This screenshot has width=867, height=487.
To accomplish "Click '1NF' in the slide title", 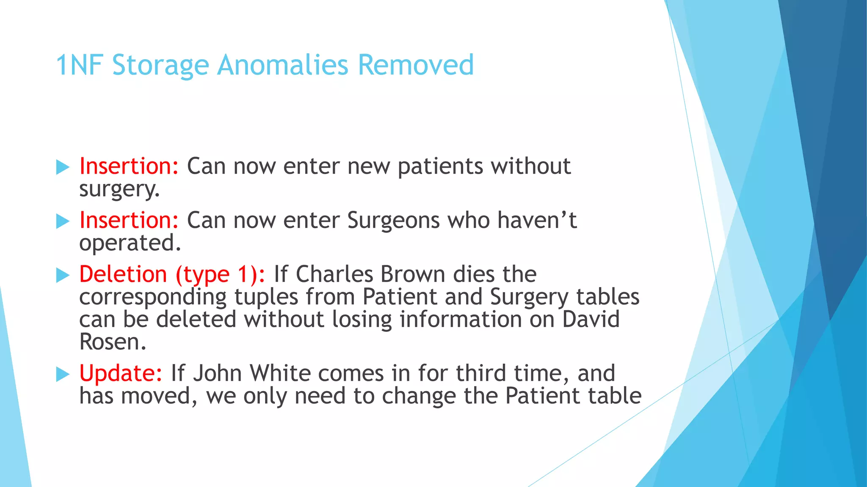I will (x=80, y=65).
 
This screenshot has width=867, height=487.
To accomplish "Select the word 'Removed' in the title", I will (x=416, y=65).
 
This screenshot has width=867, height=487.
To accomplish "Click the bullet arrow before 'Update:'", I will (x=63, y=374).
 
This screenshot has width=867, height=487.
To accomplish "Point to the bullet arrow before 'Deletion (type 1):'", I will (x=63, y=275).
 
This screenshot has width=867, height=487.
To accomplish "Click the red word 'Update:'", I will (x=121, y=373).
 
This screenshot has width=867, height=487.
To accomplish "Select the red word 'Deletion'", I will (x=123, y=274).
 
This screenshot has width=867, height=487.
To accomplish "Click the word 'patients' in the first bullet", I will (x=440, y=166).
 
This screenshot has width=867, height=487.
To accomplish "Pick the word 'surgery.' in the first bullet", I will (x=119, y=189).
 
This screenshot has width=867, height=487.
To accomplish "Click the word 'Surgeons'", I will (x=393, y=220).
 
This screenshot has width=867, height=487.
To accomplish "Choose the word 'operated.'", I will (x=130, y=243).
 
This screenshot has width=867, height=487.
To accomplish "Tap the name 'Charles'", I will (x=334, y=274).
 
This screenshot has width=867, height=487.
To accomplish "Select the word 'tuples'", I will (x=266, y=297).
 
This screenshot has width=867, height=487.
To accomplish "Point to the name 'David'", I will (x=591, y=319).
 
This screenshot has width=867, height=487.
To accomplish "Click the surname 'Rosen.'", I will (x=113, y=342).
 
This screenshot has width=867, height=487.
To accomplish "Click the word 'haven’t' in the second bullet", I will (x=537, y=220).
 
